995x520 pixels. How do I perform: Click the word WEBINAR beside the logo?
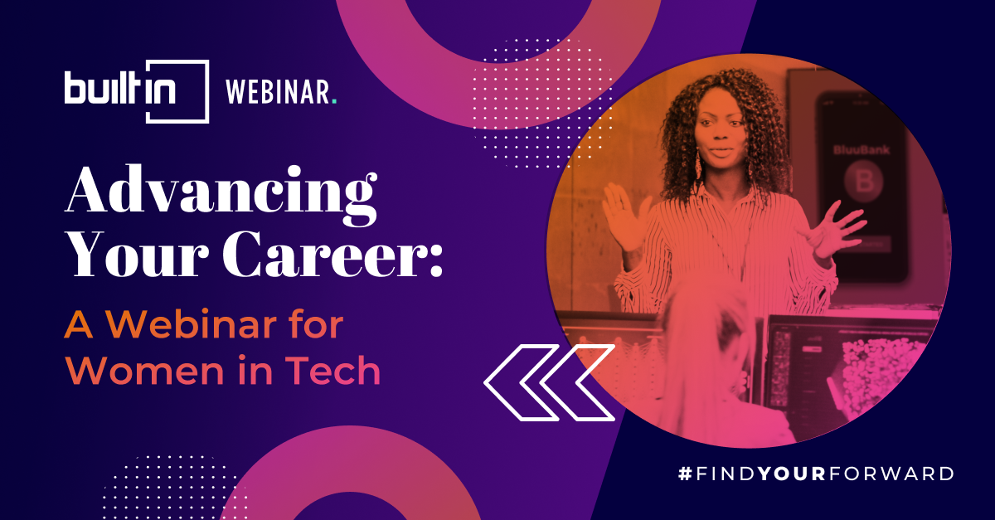[278, 91]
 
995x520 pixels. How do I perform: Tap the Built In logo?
[137, 91]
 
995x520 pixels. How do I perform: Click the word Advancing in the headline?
[221, 195]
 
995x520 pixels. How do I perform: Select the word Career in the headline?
[321, 255]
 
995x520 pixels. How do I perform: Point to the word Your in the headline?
[137, 255]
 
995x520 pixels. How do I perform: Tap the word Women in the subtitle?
[145, 371]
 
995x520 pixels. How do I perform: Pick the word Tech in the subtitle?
[333, 371]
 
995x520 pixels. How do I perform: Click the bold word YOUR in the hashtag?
[792, 474]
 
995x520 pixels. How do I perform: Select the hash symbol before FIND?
[685, 474]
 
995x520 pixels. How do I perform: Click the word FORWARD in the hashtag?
[891, 474]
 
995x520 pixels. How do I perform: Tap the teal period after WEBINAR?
[334, 102]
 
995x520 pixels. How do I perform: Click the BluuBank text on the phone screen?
[862, 150]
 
